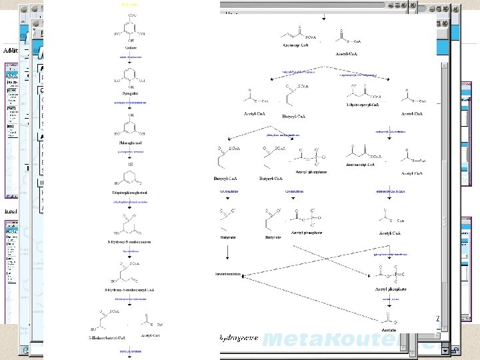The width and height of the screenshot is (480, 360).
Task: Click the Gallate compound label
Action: (131, 47)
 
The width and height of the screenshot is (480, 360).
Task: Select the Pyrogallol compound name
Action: (131, 94)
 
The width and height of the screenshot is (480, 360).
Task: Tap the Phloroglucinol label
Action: (131, 142)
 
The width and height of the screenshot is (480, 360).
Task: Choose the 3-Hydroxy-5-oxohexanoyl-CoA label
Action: (131, 291)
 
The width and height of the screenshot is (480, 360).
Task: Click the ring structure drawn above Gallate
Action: (131, 27)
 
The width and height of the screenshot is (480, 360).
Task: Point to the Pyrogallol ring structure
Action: (131, 75)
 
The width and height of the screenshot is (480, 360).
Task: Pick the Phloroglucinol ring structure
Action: (131, 125)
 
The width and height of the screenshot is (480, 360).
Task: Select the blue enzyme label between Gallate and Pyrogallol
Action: (131, 57)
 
